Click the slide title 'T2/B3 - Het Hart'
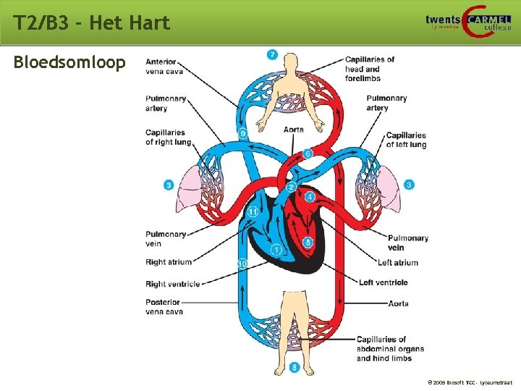pos(92,23)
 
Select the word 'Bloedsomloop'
pos(69,62)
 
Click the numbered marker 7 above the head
pos(271,54)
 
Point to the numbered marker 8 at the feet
pos(295,368)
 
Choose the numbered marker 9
pos(243,133)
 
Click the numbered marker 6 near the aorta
pos(308,154)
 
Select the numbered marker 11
pos(253,212)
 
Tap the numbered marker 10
pos(243,264)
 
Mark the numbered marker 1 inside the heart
pos(276,251)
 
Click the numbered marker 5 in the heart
pos(308,243)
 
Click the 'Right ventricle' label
pos(173,284)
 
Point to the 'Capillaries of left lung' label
pos(406,140)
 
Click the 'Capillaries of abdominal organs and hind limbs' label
pos(390,348)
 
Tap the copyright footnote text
pos(470,381)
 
